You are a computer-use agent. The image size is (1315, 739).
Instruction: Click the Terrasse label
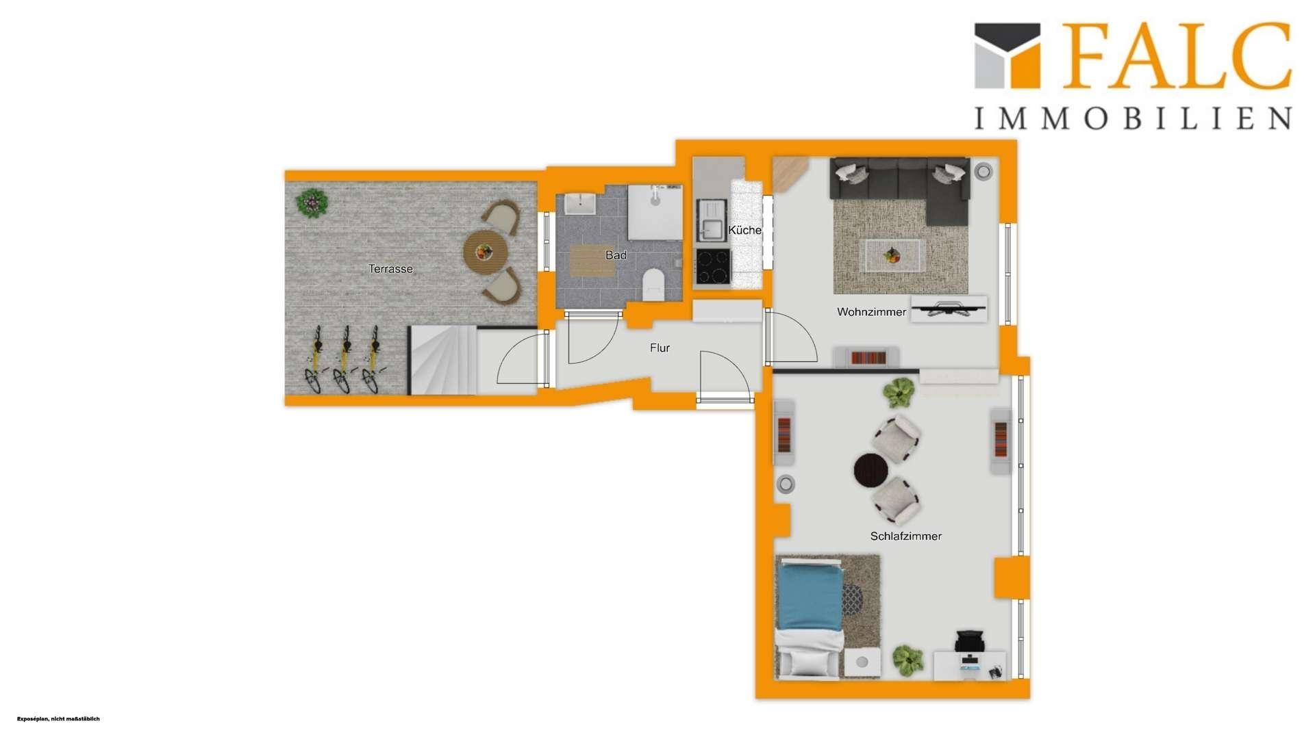[x=390, y=269]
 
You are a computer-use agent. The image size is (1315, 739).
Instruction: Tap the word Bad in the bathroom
[x=616, y=255]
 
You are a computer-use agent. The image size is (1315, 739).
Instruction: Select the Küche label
[x=744, y=230]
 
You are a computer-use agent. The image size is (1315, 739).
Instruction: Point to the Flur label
[x=660, y=348]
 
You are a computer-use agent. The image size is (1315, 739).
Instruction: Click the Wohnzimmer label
[x=871, y=312]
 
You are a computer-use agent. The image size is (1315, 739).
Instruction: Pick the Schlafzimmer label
[x=905, y=536]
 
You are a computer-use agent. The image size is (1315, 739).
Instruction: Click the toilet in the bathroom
[x=654, y=285]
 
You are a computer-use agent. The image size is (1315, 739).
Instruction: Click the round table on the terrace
[x=485, y=252]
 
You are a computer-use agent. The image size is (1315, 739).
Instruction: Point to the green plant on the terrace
[x=312, y=203]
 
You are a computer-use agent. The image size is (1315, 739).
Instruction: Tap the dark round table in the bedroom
[x=871, y=470]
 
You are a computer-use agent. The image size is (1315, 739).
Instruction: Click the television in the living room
[x=949, y=309]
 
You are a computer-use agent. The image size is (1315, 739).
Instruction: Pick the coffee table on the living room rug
[x=892, y=256]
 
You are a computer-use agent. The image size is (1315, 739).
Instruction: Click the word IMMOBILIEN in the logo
[x=1133, y=118]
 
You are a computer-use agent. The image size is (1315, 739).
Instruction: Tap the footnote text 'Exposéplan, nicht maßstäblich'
[x=58, y=718]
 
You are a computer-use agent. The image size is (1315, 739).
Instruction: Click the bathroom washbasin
[x=580, y=204]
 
